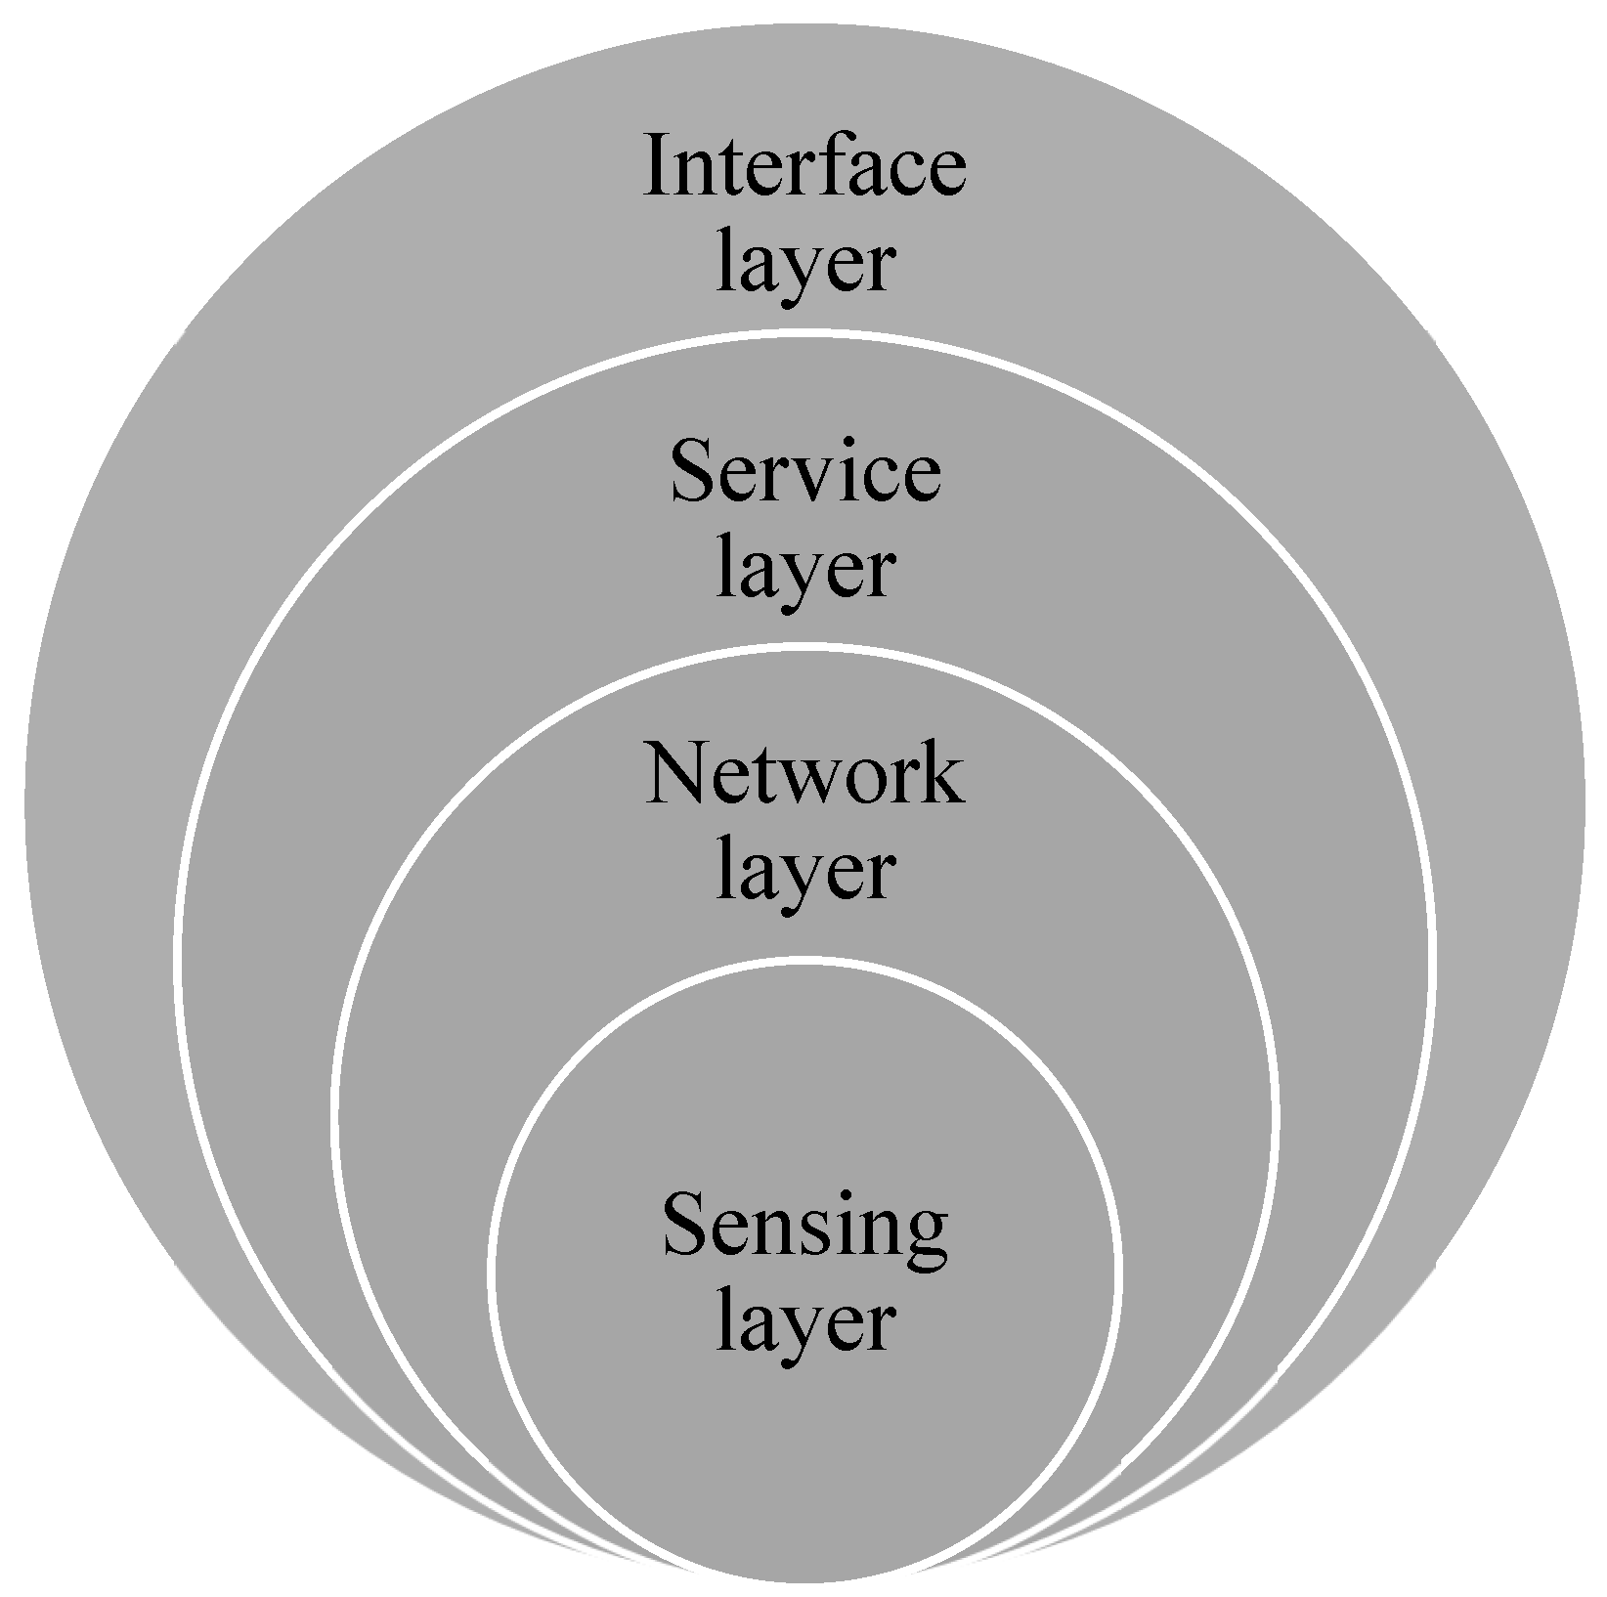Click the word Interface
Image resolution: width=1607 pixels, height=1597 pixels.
coord(804,168)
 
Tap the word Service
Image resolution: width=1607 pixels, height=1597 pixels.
coord(805,473)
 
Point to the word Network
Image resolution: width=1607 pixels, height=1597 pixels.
coord(803,775)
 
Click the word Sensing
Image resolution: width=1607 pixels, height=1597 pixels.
coord(804,1230)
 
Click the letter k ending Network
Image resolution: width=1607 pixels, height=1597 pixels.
coord(940,775)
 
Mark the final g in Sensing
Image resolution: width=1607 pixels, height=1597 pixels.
coord(925,1239)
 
